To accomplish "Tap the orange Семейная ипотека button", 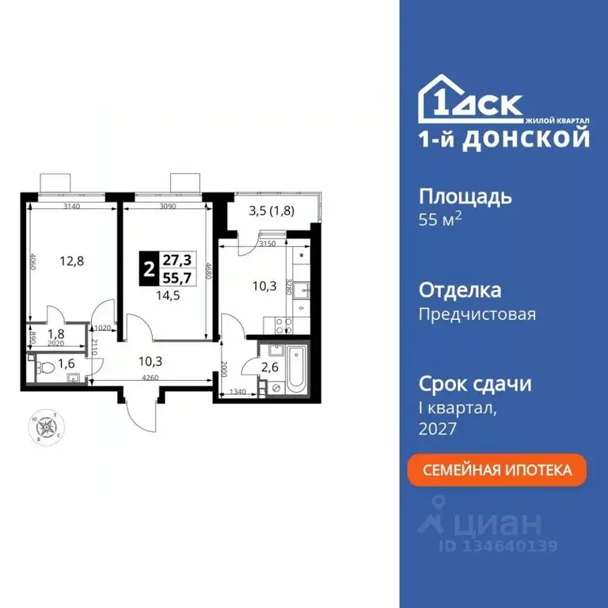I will (498, 469).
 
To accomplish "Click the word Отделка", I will (459, 290).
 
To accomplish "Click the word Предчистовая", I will (477, 313).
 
